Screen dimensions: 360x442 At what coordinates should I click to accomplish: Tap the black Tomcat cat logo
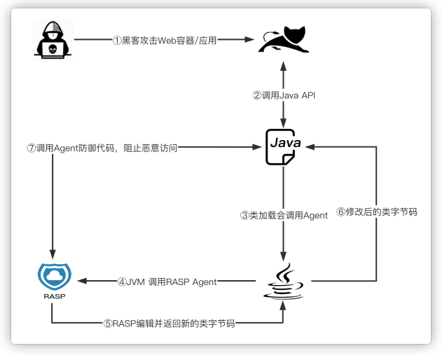click(x=283, y=41)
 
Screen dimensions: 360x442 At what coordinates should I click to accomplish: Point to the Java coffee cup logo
click(x=283, y=282)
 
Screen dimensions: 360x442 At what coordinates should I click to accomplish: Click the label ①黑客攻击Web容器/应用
click(x=165, y=41)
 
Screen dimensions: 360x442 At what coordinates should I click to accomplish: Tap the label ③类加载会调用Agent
click(x=284, y=216)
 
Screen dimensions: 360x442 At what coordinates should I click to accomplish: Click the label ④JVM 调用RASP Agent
click(x=167, y=282)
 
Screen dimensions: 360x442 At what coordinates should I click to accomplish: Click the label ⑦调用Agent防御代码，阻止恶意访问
click(x=99, y=147)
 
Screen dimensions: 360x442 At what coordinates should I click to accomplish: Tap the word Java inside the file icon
click(x=285, y=142)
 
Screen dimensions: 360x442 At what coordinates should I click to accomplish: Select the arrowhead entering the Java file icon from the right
click(x=310, y=147)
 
